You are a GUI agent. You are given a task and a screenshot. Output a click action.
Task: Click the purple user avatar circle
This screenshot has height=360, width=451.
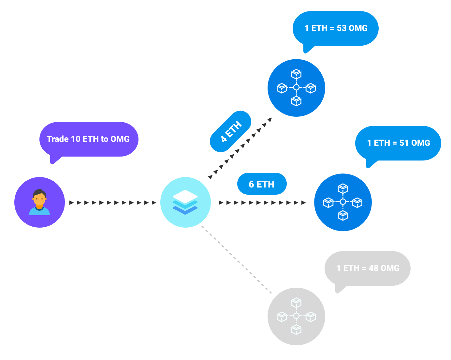[39, 202]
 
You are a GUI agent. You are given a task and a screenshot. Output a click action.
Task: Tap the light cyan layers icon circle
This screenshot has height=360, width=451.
[185, 202]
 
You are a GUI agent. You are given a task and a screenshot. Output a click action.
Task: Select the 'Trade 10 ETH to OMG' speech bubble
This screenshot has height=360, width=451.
[89, 139]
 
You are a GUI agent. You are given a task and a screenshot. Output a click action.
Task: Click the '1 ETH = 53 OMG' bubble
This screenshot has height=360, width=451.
[336, 28]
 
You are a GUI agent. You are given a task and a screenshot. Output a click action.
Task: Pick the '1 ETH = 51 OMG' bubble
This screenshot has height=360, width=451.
[398, 143]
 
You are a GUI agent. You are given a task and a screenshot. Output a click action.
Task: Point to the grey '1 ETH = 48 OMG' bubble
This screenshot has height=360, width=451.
[368, 268]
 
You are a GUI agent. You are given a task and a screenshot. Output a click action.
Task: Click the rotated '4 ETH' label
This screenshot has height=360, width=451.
[230, 131]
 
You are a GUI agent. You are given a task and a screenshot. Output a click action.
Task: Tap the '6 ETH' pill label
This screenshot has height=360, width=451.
[262, 184]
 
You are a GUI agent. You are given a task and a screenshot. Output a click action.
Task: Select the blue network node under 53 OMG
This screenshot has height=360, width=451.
[296, 88]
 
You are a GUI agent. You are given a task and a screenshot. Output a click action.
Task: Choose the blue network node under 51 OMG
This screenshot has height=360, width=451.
[343, 202]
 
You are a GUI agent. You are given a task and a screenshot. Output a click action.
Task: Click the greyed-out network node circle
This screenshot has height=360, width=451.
[296, 316]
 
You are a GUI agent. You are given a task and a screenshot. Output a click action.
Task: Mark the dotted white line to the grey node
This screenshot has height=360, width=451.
[236, 260]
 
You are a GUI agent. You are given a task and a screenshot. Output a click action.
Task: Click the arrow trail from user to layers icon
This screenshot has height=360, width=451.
[113, 203]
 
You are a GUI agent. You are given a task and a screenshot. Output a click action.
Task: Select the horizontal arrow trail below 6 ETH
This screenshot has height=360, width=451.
[262, 203]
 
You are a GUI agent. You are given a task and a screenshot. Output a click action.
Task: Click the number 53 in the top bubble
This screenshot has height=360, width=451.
[342, 28]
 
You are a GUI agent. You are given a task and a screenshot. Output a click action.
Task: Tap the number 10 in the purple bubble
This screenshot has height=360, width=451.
[75, 139]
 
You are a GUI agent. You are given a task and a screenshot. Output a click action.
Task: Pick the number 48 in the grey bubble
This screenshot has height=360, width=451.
[373, 268]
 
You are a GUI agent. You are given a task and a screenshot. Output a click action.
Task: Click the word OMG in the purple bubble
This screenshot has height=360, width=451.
[120, 139]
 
